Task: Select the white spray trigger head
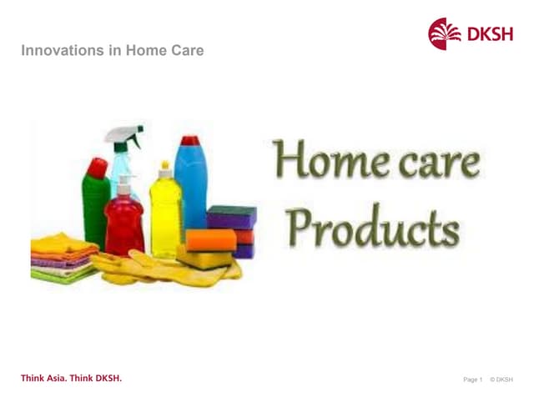(x=125, y=137)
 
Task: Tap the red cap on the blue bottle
(x=191, y=141)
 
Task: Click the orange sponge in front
(x=210, y=240)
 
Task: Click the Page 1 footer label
(x=472, y=380)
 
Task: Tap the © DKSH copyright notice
(x=501, y=380)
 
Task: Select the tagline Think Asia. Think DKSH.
(x=71, y=379)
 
